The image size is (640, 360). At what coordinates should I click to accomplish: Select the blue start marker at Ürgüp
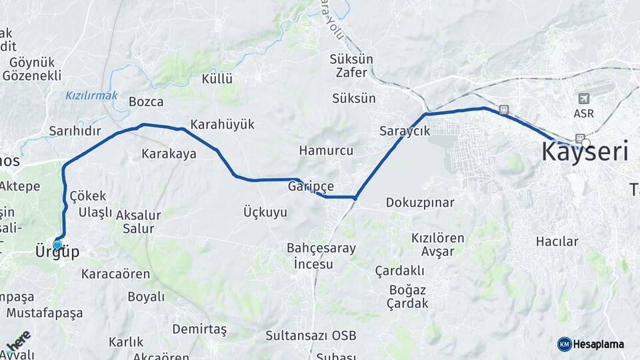(57, 245)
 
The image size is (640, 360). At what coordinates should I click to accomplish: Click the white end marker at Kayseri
(585, 142)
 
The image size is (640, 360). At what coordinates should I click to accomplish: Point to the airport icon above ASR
(584, 99)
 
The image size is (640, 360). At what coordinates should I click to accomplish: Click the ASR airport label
(583, 114)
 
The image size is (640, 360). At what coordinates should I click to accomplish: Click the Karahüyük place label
(222, 125)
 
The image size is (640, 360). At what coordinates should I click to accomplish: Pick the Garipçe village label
(311, 187)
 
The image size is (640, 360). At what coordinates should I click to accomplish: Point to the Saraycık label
(405, 131)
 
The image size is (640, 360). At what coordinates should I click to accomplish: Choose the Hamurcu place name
(326, 151)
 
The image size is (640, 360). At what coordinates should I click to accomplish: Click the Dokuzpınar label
(420, 203)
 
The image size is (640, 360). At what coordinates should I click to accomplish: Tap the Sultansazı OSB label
(310, 335)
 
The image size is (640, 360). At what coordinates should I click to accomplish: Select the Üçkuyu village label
(265, 213)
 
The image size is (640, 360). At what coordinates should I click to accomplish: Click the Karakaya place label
(169, 154)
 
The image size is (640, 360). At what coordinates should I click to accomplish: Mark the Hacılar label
(557, 241)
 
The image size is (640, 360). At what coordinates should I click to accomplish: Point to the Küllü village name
(217, 79)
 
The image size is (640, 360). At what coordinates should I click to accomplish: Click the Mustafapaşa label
(45, 313)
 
